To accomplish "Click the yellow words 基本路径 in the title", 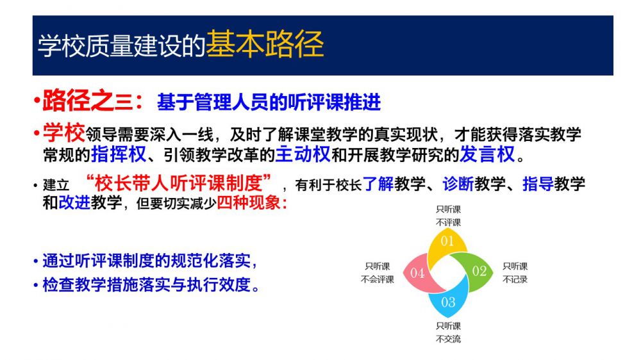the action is [x=265, y=44].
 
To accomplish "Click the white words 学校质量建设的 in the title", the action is [x=121, y=45].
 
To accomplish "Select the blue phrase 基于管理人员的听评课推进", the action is [x=269, y=102].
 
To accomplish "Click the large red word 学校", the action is [x=63, y=132].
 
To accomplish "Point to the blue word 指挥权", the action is [x=119, y=154].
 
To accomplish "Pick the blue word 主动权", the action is [x=303, y=154].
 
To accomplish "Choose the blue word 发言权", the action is [x=487, y=154].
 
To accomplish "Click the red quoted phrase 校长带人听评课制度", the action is [x=179, y=183].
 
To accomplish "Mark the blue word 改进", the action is [x=74, y=202].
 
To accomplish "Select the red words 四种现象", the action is [x=249, y=202].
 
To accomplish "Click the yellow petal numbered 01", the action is [x=447, y=243].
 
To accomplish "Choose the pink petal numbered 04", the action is [x=419, y=272].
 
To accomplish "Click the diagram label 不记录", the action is [x=515, y=279].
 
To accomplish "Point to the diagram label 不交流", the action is [x=449, y=339].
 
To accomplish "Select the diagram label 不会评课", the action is [x=378, y=279].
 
